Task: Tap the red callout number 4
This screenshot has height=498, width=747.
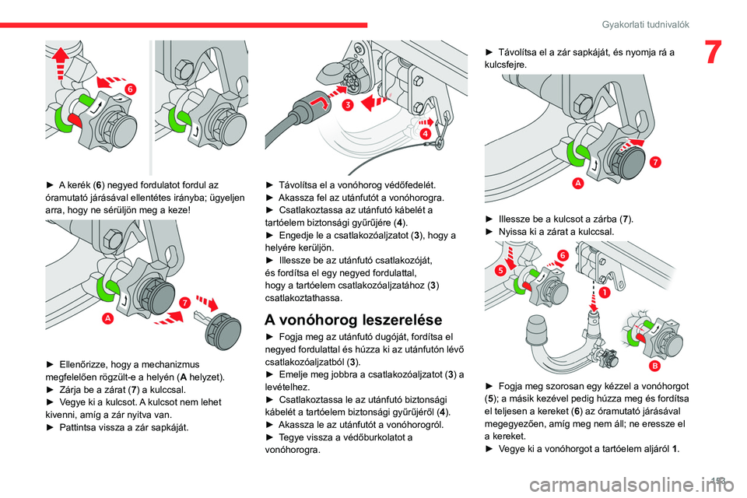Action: point(426,134)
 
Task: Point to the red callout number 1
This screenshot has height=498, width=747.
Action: point(603,293)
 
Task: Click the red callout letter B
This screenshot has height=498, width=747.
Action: point(656,365)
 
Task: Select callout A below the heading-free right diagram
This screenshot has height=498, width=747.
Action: point(579,183)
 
